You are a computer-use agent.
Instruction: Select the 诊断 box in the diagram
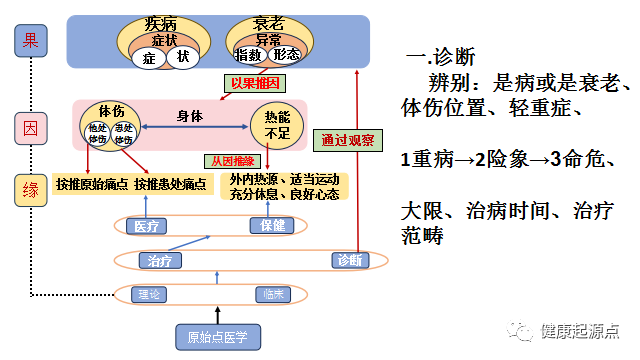[x=351, y=261]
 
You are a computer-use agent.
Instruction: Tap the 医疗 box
[x=147, y=226]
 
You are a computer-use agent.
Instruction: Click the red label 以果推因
[x=255, y=84]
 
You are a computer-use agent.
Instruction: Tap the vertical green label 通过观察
[x=328, y=139]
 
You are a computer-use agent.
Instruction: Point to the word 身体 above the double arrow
[x=190, y=115]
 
